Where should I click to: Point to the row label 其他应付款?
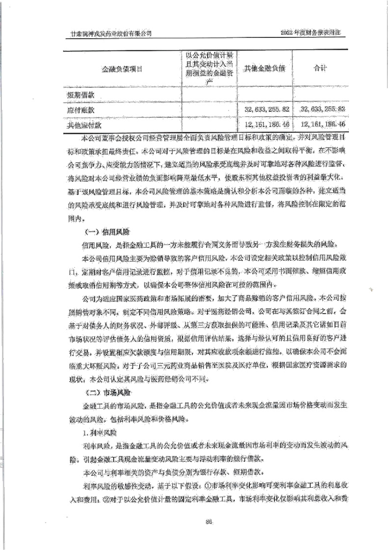(84, 125)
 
